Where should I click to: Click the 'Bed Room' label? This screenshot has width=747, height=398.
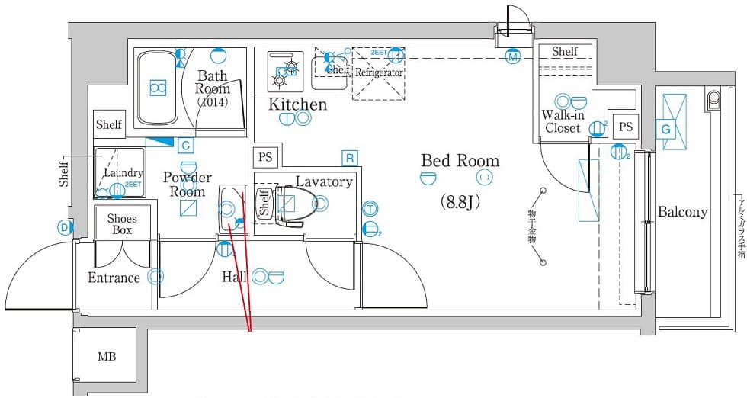pyautogui.click(x=460, y=161)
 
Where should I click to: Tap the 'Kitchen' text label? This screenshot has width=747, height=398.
pyautogui.click(x=297, y=104)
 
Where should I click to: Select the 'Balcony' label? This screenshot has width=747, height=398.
pyautogui.click(x=682, y=212)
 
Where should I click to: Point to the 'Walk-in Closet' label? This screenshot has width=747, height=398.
pyautogui.click(x=563, y=122)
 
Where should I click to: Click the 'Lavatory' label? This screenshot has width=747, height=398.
pyautogui.click(x=324, y=181)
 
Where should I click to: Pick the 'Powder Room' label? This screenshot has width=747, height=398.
pyautogui.click(x=188, y=185)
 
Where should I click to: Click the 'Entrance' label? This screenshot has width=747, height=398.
pyautogui.click(x=114, y=278)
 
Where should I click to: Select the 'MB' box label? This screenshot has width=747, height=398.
pyautogui.click(x=106, y=356)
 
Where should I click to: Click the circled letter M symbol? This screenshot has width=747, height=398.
pyautogui.click(x=513, y=56)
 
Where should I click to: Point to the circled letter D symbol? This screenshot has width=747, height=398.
pyautogui.click(x=63, y=226)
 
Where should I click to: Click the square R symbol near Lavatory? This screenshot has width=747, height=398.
pyautogui.click(x=350, y=158)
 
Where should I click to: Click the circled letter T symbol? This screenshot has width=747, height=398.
pyautogui.click(x=369, y=208)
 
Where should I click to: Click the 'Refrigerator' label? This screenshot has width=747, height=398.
pyautogui.click(x=378, y=72)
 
